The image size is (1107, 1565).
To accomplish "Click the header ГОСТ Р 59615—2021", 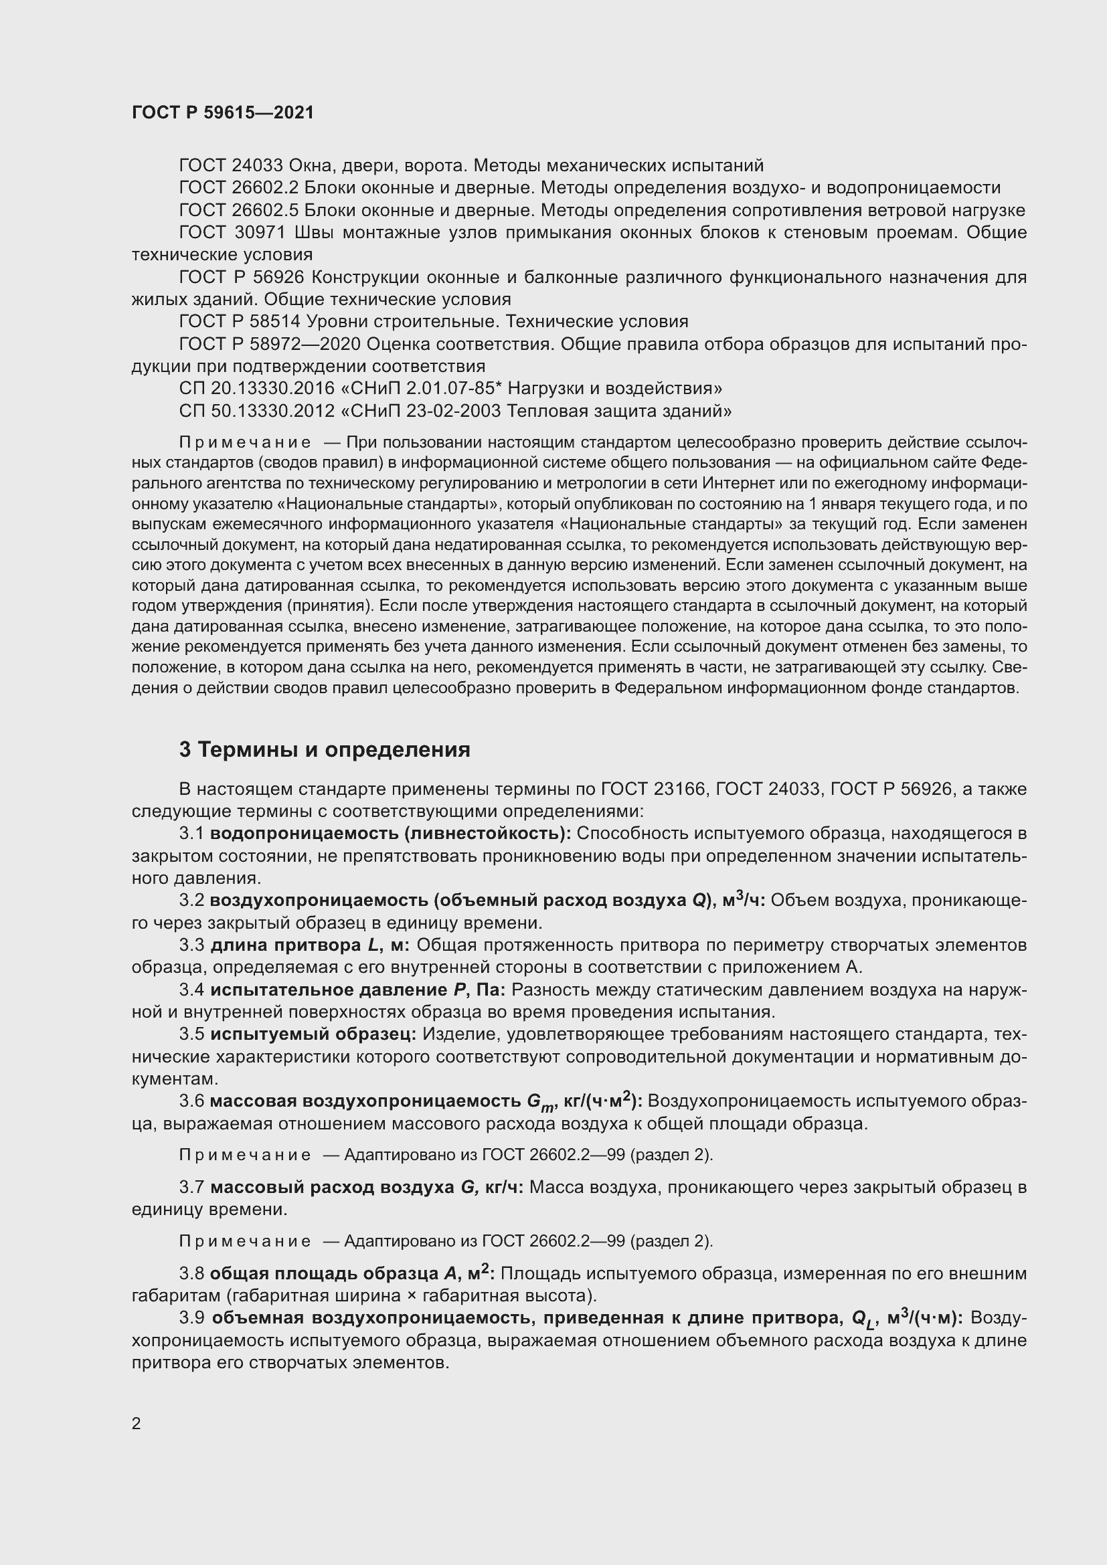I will (x=223, y=112).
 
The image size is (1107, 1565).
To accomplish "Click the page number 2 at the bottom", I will (x=137, y=1423).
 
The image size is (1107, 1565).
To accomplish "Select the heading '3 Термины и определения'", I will (x=325, y=750).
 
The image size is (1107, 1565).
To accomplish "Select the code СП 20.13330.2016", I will (x=257, y=389).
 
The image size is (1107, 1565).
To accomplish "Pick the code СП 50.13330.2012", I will (x=257, y=411).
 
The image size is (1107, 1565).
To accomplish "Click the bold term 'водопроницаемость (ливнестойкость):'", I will (x=391, y=834).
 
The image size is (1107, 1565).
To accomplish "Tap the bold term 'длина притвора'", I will (x=286, y=945).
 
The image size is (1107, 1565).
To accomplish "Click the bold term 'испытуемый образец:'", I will (x=313, y=1034).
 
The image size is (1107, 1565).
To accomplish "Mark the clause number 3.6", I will (x=191, y=1101).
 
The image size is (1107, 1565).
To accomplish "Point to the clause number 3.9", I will (x=191, y=1318).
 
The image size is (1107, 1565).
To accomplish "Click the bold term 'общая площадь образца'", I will (x=324, y=1274).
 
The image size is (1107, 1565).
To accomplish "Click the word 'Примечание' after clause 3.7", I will (x=245, y=1241).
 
